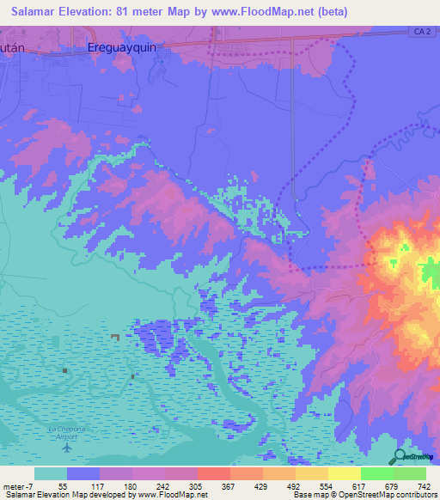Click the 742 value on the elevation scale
pos(423,485)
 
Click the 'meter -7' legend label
pos(19,485)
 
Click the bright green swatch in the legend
pos(376,473)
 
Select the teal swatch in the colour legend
pos(50,473)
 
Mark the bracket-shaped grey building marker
pos(115,338)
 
